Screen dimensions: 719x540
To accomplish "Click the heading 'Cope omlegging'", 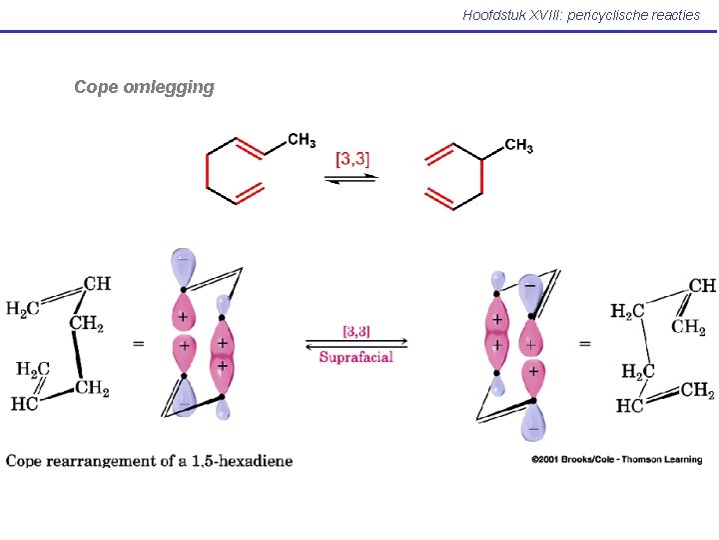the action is click(x=144, y=87).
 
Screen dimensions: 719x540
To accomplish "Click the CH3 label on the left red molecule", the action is click(x=302, y=141).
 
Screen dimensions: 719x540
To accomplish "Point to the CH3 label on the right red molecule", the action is click(x=519, y=147).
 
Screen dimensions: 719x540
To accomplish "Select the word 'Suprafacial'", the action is click(x=356, y=357).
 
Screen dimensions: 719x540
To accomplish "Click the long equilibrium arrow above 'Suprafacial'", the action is click(x=356, y=343).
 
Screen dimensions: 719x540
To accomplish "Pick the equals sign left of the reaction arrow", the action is click(x=138, y=343).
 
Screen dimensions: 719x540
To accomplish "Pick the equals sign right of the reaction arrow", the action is click(x=584, y=343).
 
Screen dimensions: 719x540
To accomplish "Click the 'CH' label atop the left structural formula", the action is click(x=97, y=284).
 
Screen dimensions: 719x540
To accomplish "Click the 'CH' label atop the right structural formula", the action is click(x=702, y=286).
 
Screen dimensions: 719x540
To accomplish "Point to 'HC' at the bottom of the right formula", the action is click(x=630, y=405).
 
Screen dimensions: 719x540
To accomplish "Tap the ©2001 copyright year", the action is click(x=547, y=460).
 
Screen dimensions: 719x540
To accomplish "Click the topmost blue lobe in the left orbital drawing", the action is click(x=183, y=267).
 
